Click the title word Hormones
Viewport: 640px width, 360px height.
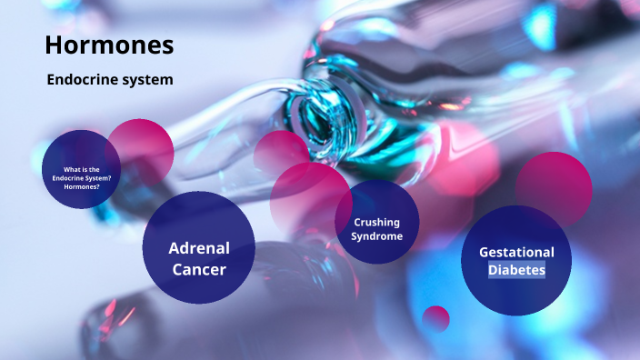(109, 44)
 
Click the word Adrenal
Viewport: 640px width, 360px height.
(199, 247)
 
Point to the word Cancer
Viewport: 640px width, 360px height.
(199, 269)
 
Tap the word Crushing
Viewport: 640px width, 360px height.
(376, 222)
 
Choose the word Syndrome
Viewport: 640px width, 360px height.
(376, 236)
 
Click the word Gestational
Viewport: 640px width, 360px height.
(516, 252)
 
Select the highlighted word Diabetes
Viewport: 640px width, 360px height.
(516, 270)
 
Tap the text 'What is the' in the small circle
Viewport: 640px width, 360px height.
(82, 170)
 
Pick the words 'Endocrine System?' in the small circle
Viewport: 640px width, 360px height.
(82, 177)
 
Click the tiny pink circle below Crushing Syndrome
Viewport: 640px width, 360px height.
(436, 318)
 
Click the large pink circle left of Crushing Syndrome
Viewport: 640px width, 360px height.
(305, 195)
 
